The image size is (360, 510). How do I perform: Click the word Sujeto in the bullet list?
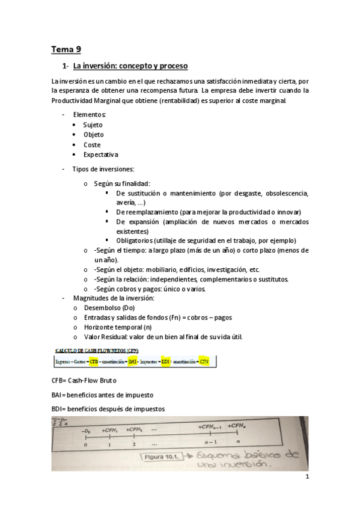coord(93,124)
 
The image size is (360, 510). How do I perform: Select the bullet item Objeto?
coord(93,135)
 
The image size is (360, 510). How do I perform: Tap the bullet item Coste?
coord(92,145)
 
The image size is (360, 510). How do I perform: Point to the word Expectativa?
coord(100,155)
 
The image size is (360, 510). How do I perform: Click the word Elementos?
coord(90,114)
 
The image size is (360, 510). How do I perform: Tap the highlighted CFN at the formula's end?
coord(204,362)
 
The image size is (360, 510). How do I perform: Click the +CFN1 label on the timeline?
coord(111,430)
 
